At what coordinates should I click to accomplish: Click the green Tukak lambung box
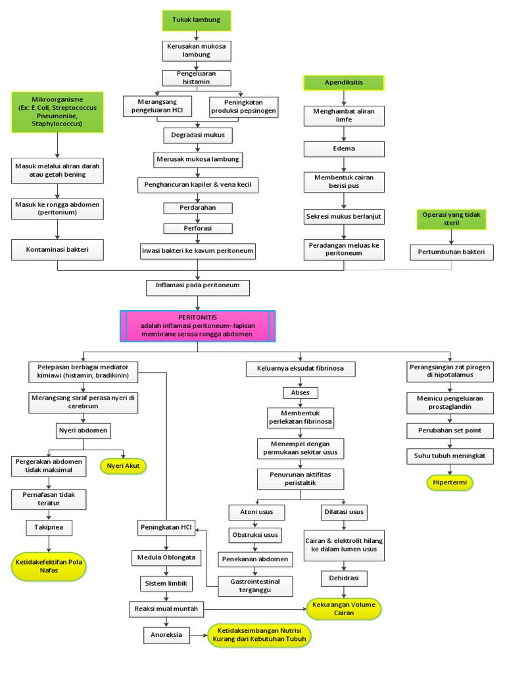click(197, 20)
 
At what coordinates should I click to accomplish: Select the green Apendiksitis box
click(343, 83)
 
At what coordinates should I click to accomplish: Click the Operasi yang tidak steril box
click(451, 219)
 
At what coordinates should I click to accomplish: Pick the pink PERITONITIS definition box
click(197, 326)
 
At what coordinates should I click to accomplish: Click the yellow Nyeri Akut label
click(123, 466)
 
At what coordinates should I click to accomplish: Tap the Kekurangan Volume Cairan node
click(343, 609)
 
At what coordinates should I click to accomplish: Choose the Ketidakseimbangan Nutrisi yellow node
click(258, 635)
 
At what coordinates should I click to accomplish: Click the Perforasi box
click(197, 229)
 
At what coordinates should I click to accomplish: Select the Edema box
click(343, 149)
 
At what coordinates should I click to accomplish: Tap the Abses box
click(300, 392)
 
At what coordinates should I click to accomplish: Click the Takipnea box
click(49, 527)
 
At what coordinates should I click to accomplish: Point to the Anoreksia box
click(166, 635)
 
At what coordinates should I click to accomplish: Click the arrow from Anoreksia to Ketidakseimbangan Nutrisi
click(199, 635)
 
